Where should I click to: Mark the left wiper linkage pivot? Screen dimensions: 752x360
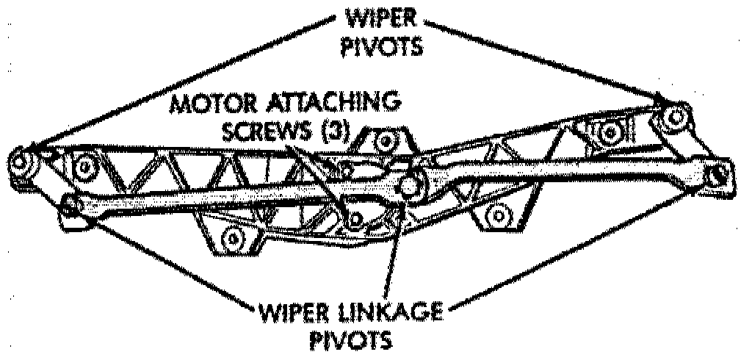[72, 204]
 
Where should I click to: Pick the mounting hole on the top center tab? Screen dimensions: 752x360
[385, 140]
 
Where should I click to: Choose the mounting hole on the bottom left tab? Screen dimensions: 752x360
[234, 238]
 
